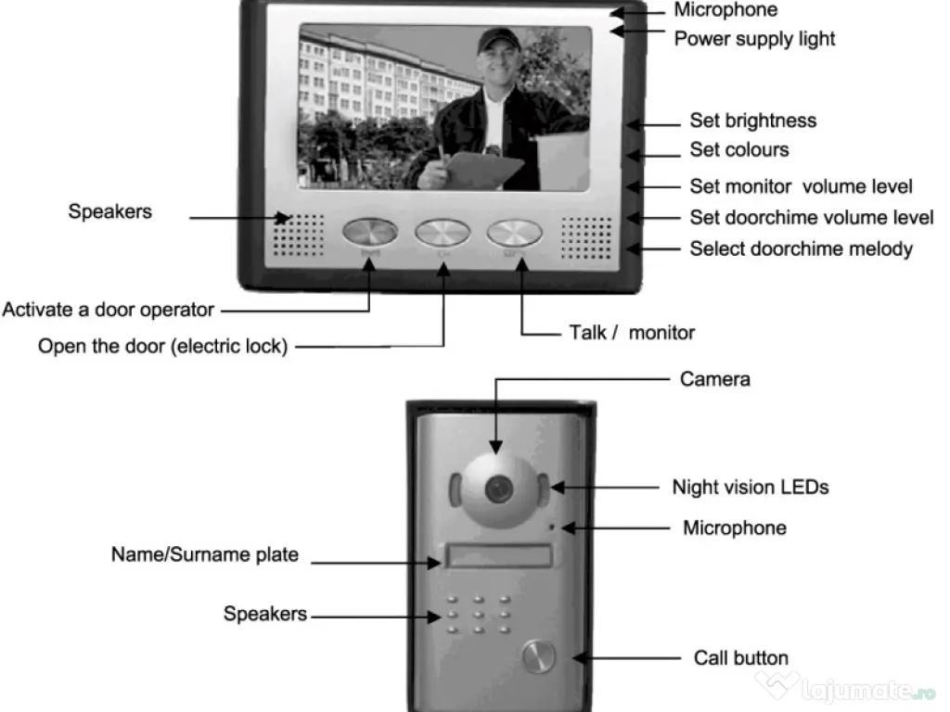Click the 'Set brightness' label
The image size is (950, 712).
752,121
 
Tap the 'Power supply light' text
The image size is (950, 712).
753,39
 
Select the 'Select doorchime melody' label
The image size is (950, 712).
801,248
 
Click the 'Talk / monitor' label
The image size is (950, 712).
631,332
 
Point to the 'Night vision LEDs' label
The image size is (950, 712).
750,487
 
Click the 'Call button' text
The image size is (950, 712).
740,658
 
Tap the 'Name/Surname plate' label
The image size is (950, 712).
205,555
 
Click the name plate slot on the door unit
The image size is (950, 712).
498,556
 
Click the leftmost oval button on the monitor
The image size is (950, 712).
369,233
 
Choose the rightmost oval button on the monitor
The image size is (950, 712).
514,233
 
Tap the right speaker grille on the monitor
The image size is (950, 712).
587,237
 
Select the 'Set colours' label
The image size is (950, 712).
738,150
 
